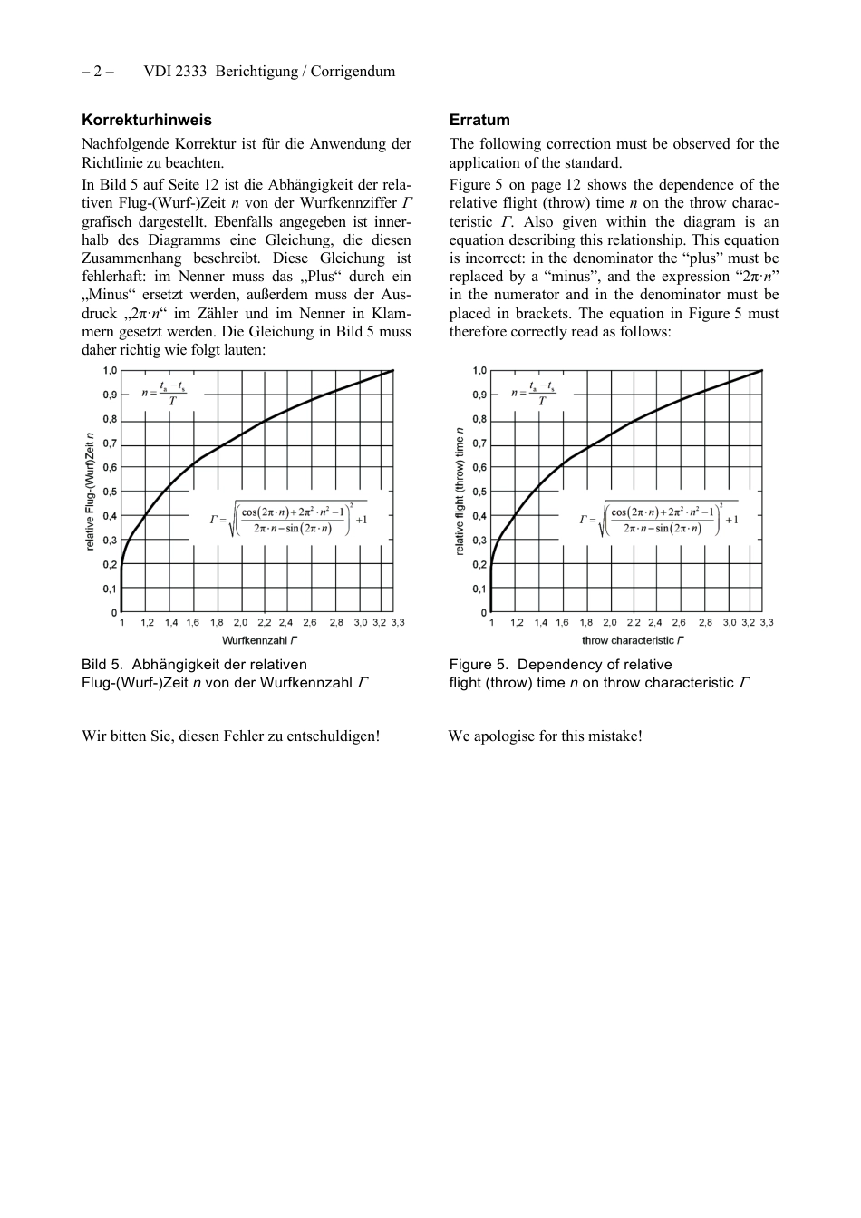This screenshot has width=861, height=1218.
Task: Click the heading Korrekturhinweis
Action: [147, 120]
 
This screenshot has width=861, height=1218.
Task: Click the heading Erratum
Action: [479, 120]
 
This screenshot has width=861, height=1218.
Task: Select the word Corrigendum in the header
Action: [353, 72]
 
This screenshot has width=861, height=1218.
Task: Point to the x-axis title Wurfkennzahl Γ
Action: [259, 640]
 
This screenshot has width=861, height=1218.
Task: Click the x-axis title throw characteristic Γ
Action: [632, 640]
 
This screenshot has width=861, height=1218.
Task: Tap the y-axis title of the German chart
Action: [91, 491]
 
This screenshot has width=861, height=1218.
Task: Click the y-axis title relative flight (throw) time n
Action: [460, 491]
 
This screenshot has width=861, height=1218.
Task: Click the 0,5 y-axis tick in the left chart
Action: [110, 492]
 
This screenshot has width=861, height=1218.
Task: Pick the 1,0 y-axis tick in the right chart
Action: [479, 370]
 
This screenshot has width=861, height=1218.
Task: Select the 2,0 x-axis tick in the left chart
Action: [240, 623]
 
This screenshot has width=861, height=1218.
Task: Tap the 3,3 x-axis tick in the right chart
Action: [767, 623]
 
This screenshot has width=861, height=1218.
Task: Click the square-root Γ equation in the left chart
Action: [289, 519]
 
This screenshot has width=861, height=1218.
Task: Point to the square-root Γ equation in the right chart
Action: [659, 519]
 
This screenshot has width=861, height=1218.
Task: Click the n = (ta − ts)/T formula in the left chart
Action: [164, 393]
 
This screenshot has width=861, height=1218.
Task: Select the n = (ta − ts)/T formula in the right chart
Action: [534, 393]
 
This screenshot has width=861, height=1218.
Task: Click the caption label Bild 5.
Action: [102, 665]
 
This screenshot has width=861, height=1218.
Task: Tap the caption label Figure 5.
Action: [479, 665]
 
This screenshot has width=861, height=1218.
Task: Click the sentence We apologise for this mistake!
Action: [545, 736]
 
